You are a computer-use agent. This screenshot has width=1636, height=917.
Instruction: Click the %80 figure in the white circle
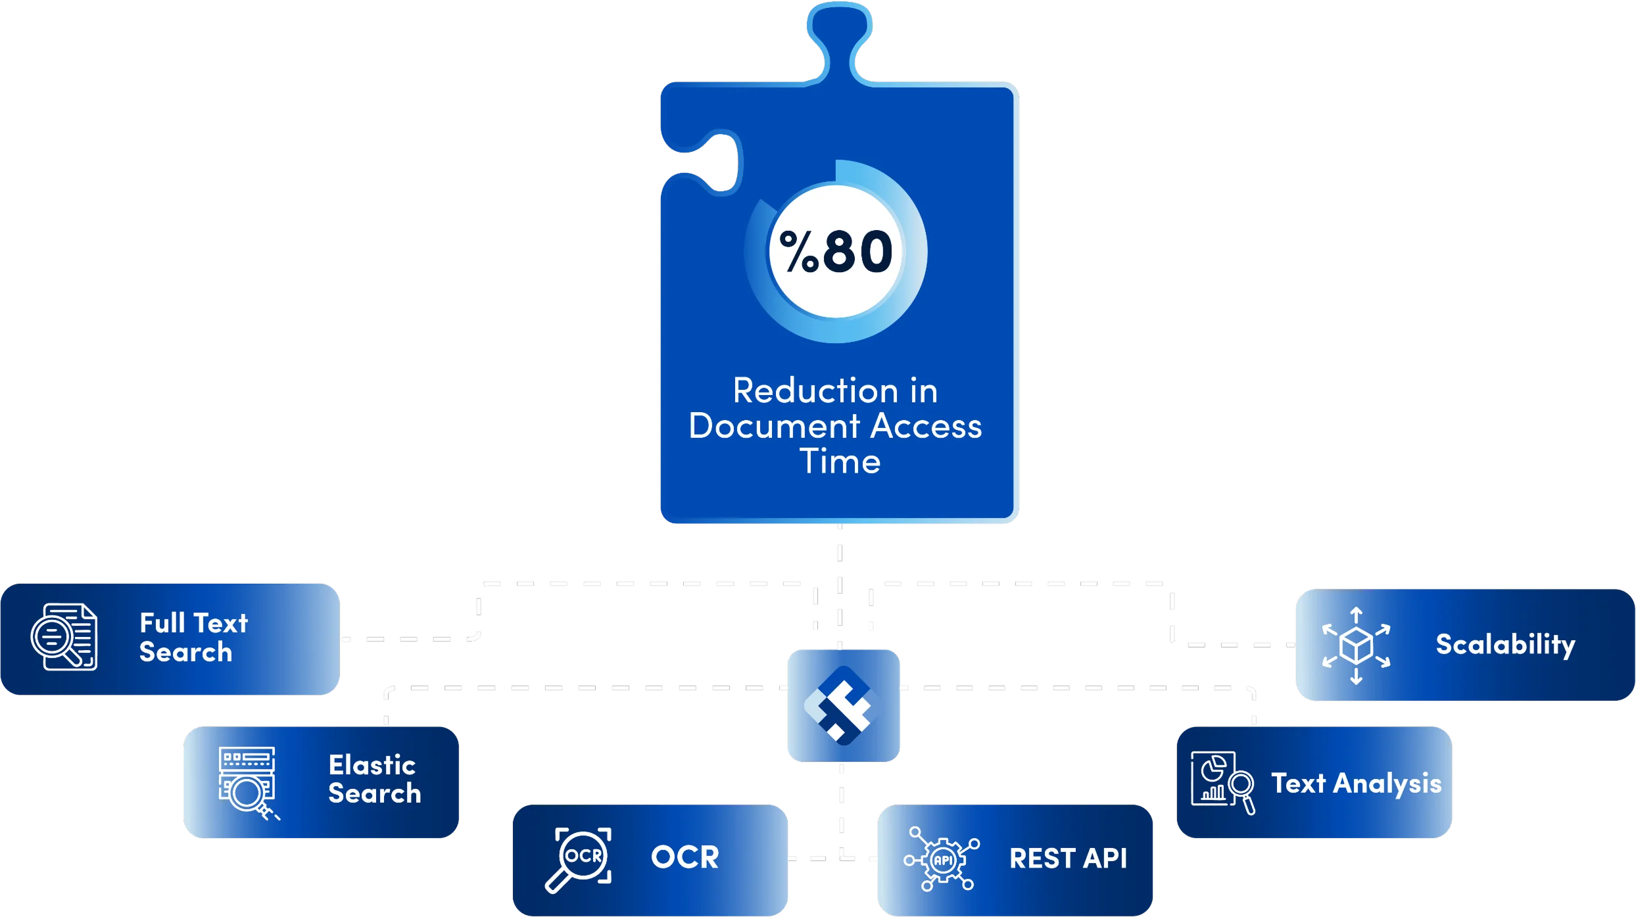[x=836, y=252]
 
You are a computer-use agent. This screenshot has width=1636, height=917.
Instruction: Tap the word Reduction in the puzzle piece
[x=815, y=391]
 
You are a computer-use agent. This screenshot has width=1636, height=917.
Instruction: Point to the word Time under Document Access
[x=840, y=461]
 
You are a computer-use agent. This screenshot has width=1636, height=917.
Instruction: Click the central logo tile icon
[x=843, y=705]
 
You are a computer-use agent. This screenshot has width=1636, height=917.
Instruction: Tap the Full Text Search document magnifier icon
[x=64, y=637]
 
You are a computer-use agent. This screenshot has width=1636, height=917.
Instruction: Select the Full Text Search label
[x=193, y=638]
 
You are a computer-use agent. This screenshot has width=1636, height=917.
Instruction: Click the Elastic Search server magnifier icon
[x=247, y=782]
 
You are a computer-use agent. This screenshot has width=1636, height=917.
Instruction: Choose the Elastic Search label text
[x=374, y=780]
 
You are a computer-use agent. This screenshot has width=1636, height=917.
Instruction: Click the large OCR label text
[x=685, y=858]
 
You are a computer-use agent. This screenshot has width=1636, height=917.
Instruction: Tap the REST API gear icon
[x=942, y=859]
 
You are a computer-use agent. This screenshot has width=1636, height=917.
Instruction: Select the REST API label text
[x=1068, y=859]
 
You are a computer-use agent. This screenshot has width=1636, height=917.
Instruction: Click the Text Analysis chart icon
[x=1222, y=782]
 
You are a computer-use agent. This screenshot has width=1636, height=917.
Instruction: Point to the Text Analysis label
[x=1356, y=784]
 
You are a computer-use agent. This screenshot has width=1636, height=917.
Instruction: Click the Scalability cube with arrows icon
[x=1356, y=646]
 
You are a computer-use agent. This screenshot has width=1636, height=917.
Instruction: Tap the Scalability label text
[x=1505, y=645]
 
